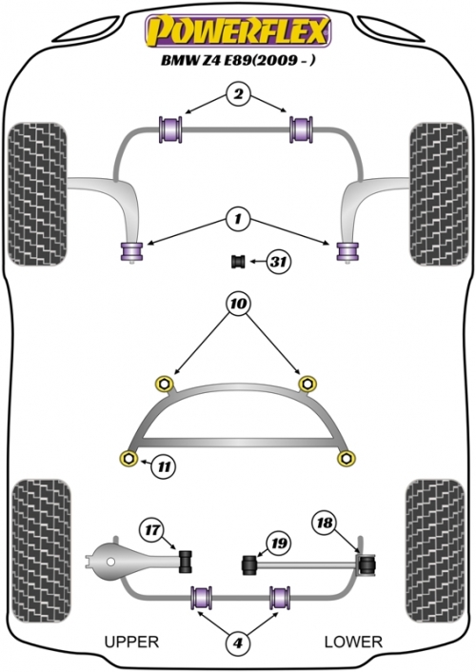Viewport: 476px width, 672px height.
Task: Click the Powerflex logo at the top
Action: point(238,30)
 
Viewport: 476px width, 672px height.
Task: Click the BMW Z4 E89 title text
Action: point(238,60)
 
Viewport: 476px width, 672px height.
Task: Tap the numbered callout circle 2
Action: point(238,94)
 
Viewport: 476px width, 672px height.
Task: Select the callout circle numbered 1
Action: point(237,220)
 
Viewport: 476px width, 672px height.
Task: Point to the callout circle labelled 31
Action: point(279,261)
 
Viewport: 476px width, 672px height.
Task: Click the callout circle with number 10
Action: point(238,304)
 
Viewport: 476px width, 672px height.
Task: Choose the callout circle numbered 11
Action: point(165,465)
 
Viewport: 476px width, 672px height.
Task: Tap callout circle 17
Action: point(151,530)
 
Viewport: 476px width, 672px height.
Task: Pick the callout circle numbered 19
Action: point(279,544)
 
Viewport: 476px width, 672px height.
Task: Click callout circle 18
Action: point(325,523)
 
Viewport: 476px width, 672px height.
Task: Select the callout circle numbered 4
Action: point(238,642)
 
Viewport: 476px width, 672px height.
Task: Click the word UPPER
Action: point(131,642)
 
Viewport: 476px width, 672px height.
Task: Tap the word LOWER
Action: point(353,642)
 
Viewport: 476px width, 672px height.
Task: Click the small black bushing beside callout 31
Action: point(238,261)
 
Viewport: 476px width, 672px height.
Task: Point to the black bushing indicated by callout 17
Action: point(186,560)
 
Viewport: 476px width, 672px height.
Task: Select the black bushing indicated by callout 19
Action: point(249,565)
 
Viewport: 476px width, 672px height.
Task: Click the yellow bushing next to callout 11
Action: point(129,458)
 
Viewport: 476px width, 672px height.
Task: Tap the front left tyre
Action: point(37,194)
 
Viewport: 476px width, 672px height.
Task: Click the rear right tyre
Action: point(435,551)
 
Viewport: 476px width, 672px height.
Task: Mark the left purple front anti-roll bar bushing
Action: point(170,129)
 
